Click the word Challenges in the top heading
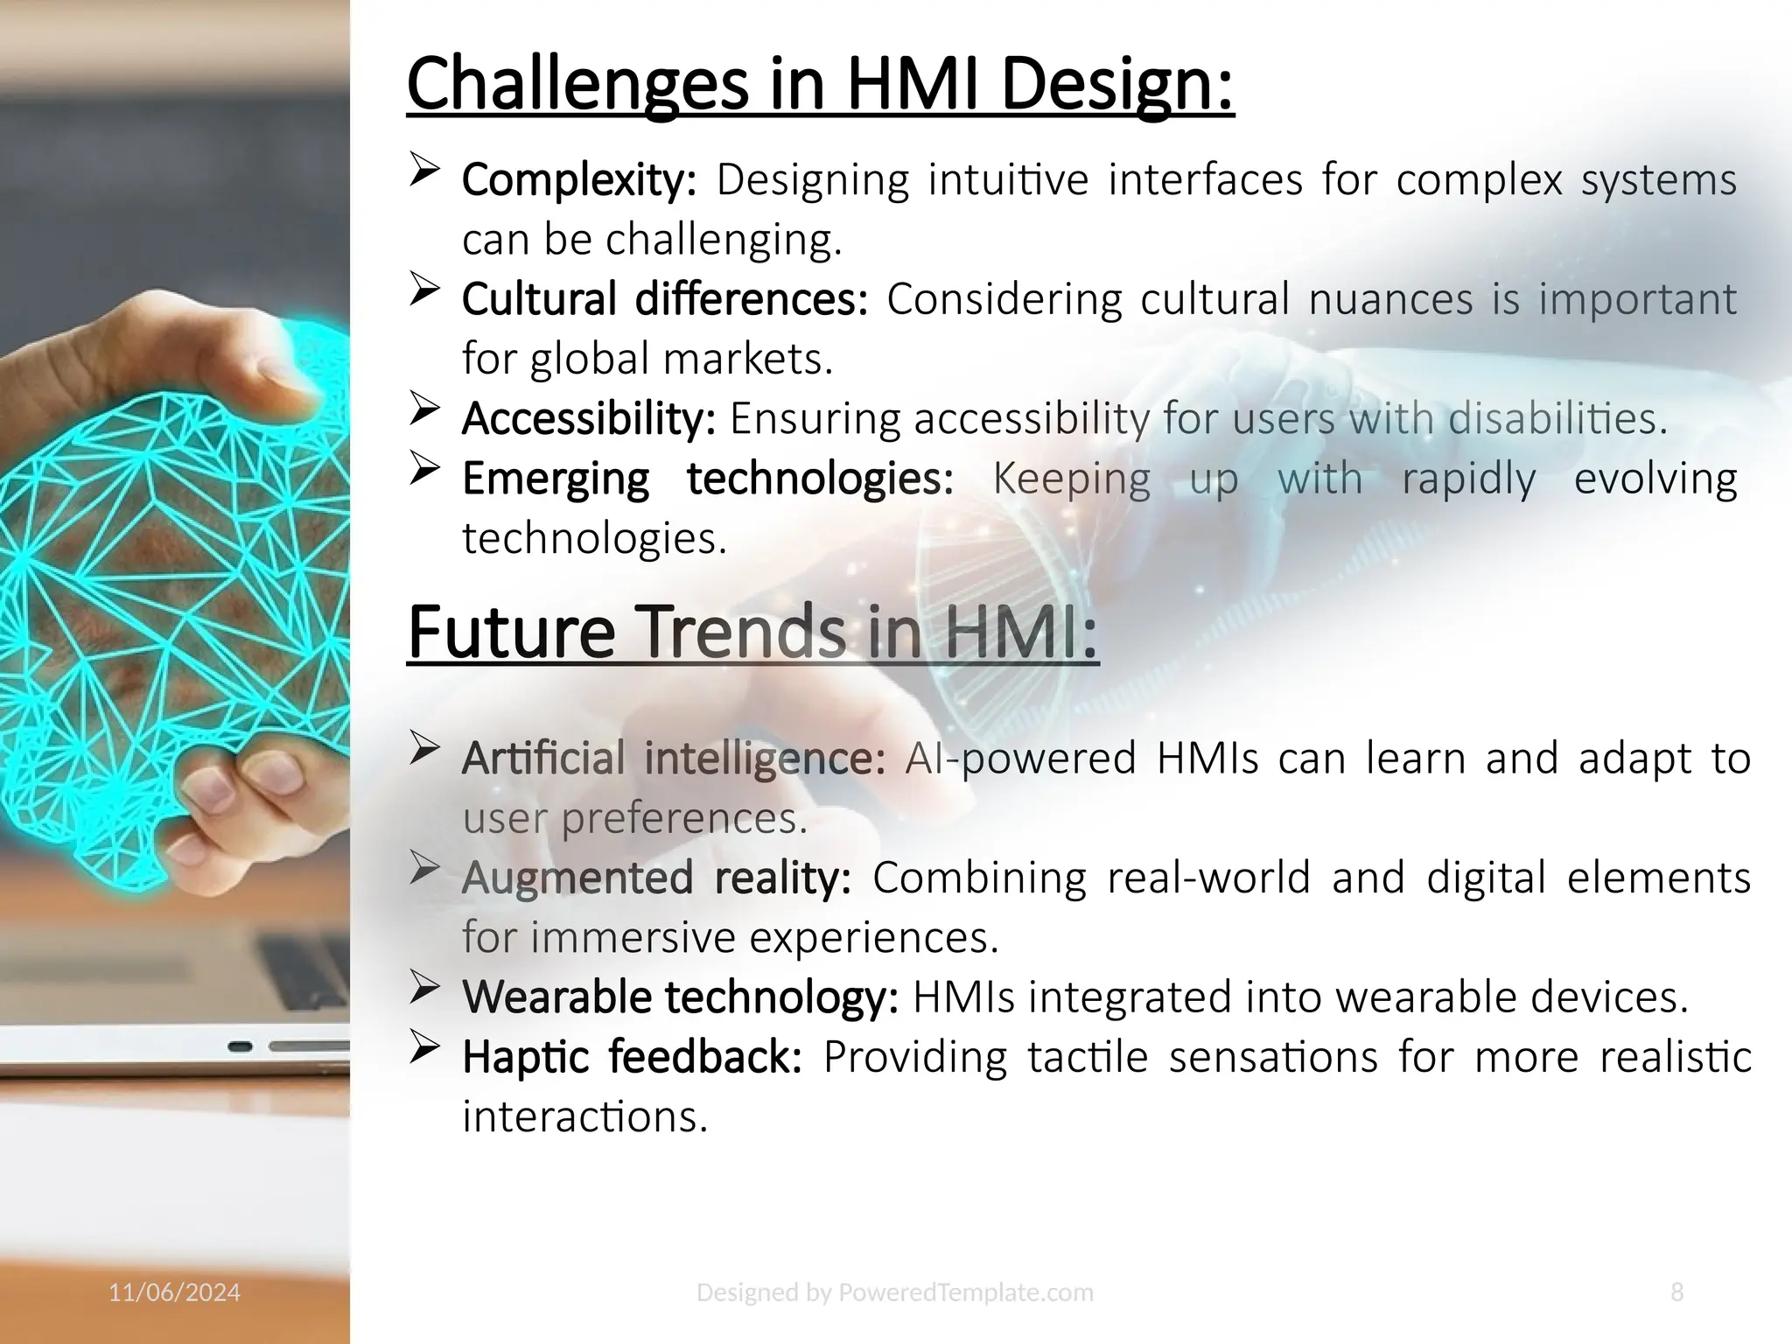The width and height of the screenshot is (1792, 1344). point(577,84)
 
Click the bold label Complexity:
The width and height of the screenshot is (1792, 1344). point(578,181)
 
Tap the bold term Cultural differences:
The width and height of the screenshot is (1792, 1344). point(664,299)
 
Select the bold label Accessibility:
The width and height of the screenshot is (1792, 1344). point(588,418)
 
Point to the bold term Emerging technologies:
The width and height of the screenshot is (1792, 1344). point(707,479)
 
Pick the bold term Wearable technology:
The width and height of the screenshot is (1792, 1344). point(680,997)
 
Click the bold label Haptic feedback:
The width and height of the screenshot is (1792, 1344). point(632,1057)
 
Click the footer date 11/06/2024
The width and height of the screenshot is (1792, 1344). point(174,1292)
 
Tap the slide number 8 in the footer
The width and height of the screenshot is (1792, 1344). point(1676,1292)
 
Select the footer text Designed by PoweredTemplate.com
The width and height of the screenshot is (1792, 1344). point(894,1292)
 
